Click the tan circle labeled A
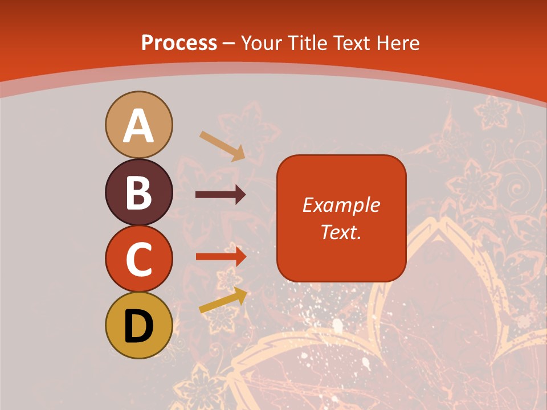click(138, 124)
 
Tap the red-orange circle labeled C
click(138, 258)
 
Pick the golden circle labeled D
click(138, 325)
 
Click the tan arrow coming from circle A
click(222, 145)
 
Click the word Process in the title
click(179, 43)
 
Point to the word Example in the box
click(341, 205)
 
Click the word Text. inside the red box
click(341, 232)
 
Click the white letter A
click(138, 126)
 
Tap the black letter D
click(138, 326)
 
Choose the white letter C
click(138, 259)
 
